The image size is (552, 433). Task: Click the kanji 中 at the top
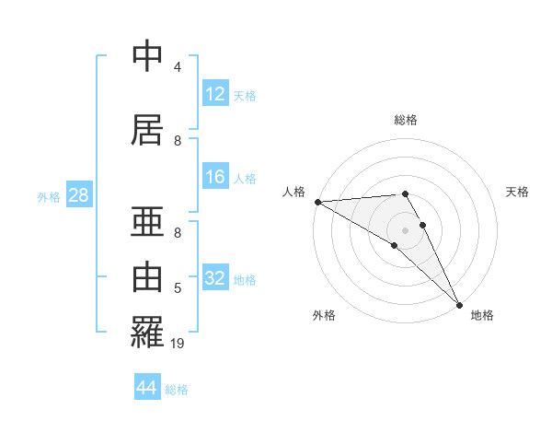tap(147, 56)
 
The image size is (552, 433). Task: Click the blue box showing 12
tap(215, 94)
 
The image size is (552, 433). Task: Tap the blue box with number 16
tap(215, 177)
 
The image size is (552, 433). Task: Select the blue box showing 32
tap(215, 278)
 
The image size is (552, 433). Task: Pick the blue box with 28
tap(78, 195)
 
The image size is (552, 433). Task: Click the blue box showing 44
tap(147, 388)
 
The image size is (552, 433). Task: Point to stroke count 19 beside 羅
tap(178, 344)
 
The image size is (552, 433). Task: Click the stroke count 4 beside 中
tap(178, 67)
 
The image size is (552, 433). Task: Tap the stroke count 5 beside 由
tap(178, 288)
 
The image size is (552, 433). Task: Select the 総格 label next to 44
tap(177, 390)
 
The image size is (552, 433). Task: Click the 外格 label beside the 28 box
tap(49, 197)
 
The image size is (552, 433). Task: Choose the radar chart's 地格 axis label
tap(482, 315)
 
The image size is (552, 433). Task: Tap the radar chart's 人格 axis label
tap(292, 192)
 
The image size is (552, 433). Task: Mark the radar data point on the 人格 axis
tap(317, 202)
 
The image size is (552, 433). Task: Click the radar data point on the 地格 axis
tap(459, 305)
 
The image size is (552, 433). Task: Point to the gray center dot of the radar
tap(405, 229)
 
